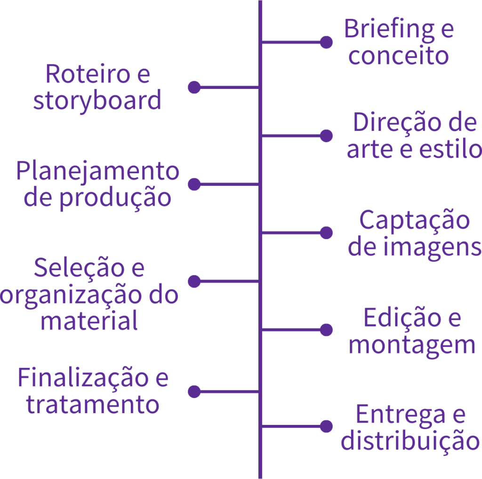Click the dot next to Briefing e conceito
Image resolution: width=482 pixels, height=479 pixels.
click(x=326, y=42)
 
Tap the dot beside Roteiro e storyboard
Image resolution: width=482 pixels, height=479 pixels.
click(x=194, y=87)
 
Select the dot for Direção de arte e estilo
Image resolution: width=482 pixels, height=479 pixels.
click(x=326, y=136)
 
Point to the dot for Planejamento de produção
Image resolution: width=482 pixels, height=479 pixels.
click(x=194, y=184)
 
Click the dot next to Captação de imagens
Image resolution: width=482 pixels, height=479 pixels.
click(x=326, y=233)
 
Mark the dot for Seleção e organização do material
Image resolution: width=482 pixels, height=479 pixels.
click(x=194, y=281)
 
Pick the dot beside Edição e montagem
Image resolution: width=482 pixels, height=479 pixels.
click(x=326, y=330)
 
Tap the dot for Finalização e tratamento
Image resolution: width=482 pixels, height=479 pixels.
click(x=194, y=391)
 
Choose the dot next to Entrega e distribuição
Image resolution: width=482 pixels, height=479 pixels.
click(x=326, y=426)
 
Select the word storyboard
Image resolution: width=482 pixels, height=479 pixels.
click(x=97, y=101)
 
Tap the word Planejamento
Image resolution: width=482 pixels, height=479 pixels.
click(x=97, y=171)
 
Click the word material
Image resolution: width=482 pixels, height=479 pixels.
click(x=89, y=321)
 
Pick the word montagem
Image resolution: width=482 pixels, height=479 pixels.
click(x=412, y=344)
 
